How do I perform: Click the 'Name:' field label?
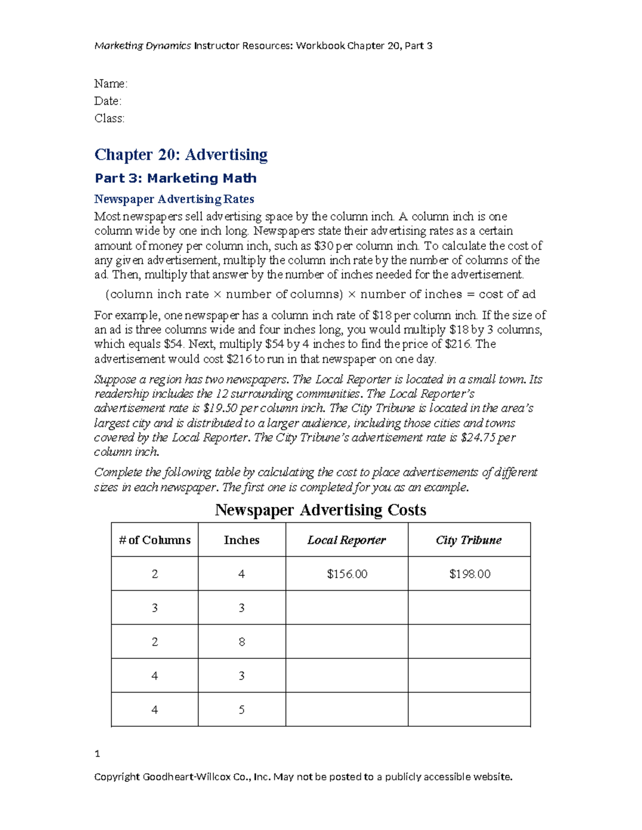click(x=111, y=84)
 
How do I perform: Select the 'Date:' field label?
click(x=108, y=101)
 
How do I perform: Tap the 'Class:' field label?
click(x=110, y=118)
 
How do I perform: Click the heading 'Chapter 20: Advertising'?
click(x=181, y=154)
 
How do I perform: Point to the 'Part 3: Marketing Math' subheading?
click(x=175, y=178)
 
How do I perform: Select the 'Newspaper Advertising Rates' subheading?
click(x=174, y=199)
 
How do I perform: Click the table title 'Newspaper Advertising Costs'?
click(x=320, y=510)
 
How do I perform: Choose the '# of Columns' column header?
click(x=155, y=540)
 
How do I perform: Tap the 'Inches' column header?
click(x=241, y=540)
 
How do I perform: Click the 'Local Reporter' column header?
click(x=347, y=540)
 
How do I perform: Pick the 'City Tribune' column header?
click(x=469, y=540)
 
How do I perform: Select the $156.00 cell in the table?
click(x=347, y=574)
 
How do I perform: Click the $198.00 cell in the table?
click(x=469, y=574)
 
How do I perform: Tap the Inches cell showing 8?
click(x=242, y=642)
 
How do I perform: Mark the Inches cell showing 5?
click(x=242, y=710)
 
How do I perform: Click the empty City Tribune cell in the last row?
click(x=469, y=710)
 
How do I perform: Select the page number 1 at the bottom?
click(x=97, y=754)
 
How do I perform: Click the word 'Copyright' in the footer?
click(x=117, y=777)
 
